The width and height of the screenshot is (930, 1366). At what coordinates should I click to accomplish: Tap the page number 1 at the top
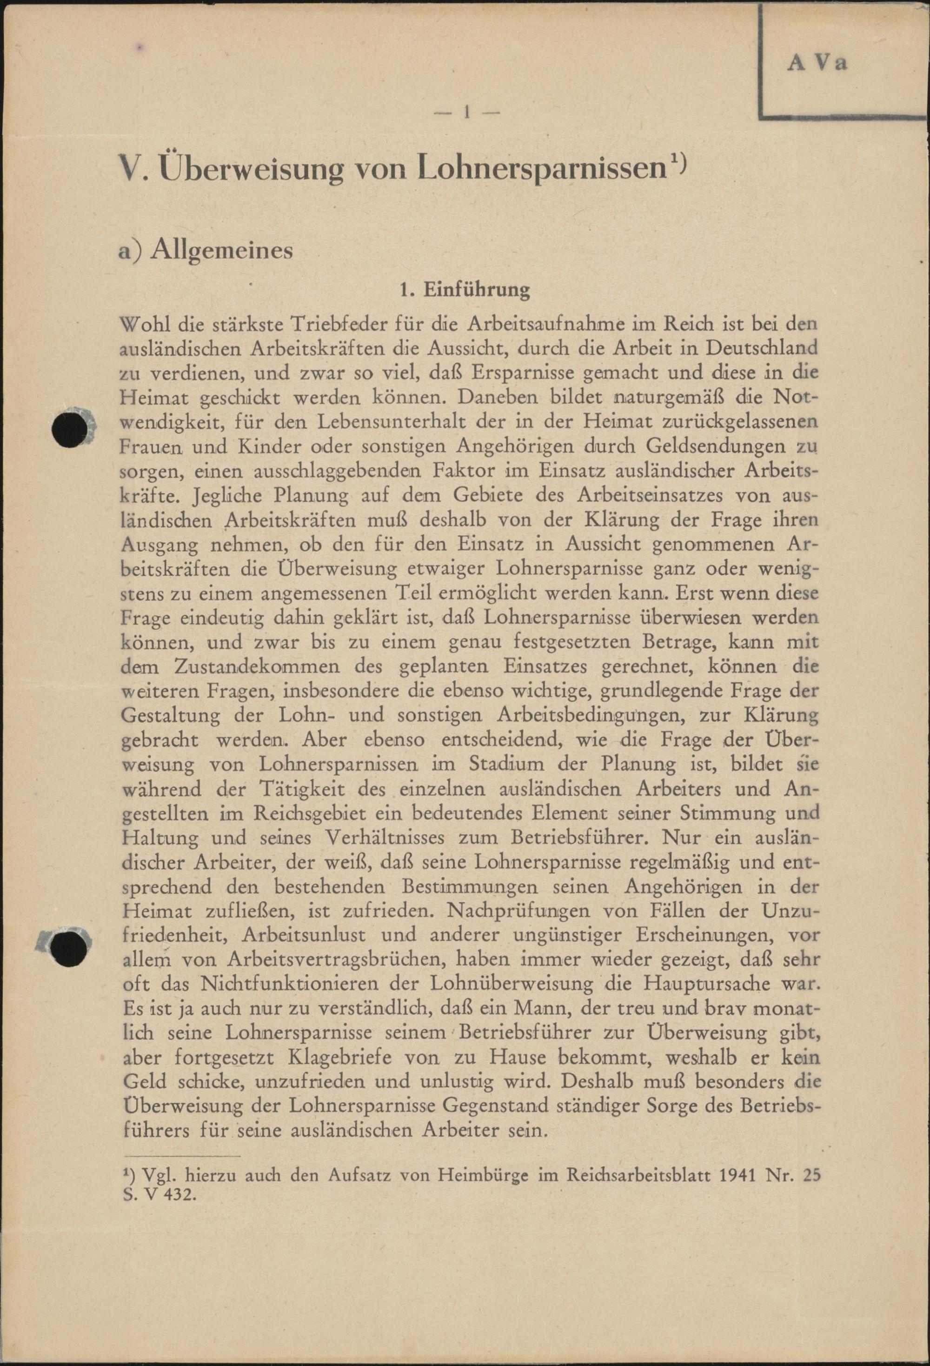click(x=466, y=112)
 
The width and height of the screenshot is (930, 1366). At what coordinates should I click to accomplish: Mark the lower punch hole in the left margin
click(x=67, y=948)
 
